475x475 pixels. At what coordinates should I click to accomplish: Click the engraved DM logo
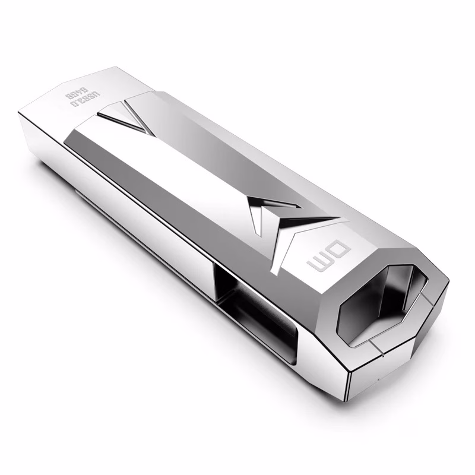point(329,256)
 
